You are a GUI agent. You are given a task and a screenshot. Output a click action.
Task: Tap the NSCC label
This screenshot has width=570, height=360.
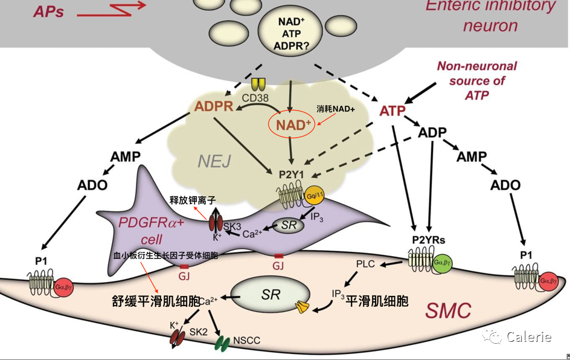246,341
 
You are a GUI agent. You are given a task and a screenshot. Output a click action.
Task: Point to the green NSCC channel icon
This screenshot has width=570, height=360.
222,344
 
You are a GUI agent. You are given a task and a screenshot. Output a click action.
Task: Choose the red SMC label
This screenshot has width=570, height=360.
448,310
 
